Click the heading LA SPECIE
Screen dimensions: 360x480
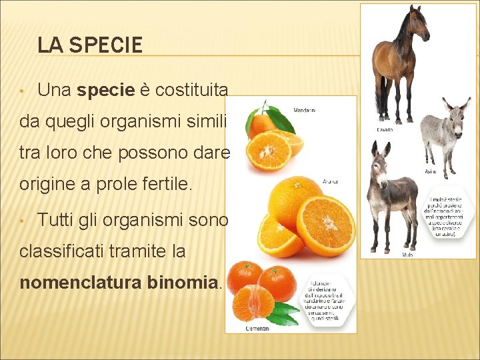90,45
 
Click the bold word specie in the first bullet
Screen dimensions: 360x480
106,90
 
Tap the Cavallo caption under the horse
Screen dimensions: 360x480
384,129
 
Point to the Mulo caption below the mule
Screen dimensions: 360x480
407,254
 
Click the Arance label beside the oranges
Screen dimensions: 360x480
330,181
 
